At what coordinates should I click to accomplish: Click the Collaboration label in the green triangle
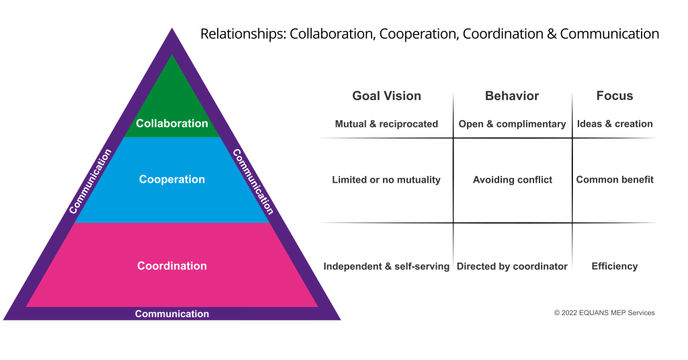(x=172, y=124)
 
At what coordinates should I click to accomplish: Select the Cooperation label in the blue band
(x=172, y=179)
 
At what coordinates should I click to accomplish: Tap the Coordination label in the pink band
(x=172, y=266)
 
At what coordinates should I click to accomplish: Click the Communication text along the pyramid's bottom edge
(x=172, y=314)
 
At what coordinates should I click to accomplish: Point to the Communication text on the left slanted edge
(x=90, y=181)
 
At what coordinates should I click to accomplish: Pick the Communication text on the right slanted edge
(x=253, y=181)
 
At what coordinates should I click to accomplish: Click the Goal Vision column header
(x=386, y=96)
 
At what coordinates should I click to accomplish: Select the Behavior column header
(x=512, y=96)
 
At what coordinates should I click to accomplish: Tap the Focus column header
(x=615, y=96)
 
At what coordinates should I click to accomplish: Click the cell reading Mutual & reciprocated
(x=386, y=124)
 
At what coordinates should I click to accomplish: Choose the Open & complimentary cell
(x=512, y=124)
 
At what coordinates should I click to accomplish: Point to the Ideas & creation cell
(x=615, y=124)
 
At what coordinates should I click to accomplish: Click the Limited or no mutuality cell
(x=386, y=180)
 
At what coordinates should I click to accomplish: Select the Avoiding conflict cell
(x=512, y=180)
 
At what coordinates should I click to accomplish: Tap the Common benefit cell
(x=615, y=180)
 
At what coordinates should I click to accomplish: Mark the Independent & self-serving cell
(x=386, y=267)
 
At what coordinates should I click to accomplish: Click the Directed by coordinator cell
(x=512, y=267)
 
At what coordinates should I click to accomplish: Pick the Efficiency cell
(x=615, y=267)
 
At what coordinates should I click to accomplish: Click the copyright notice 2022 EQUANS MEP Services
(x=604, y=313)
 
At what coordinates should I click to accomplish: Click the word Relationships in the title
(x=242, y=34)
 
